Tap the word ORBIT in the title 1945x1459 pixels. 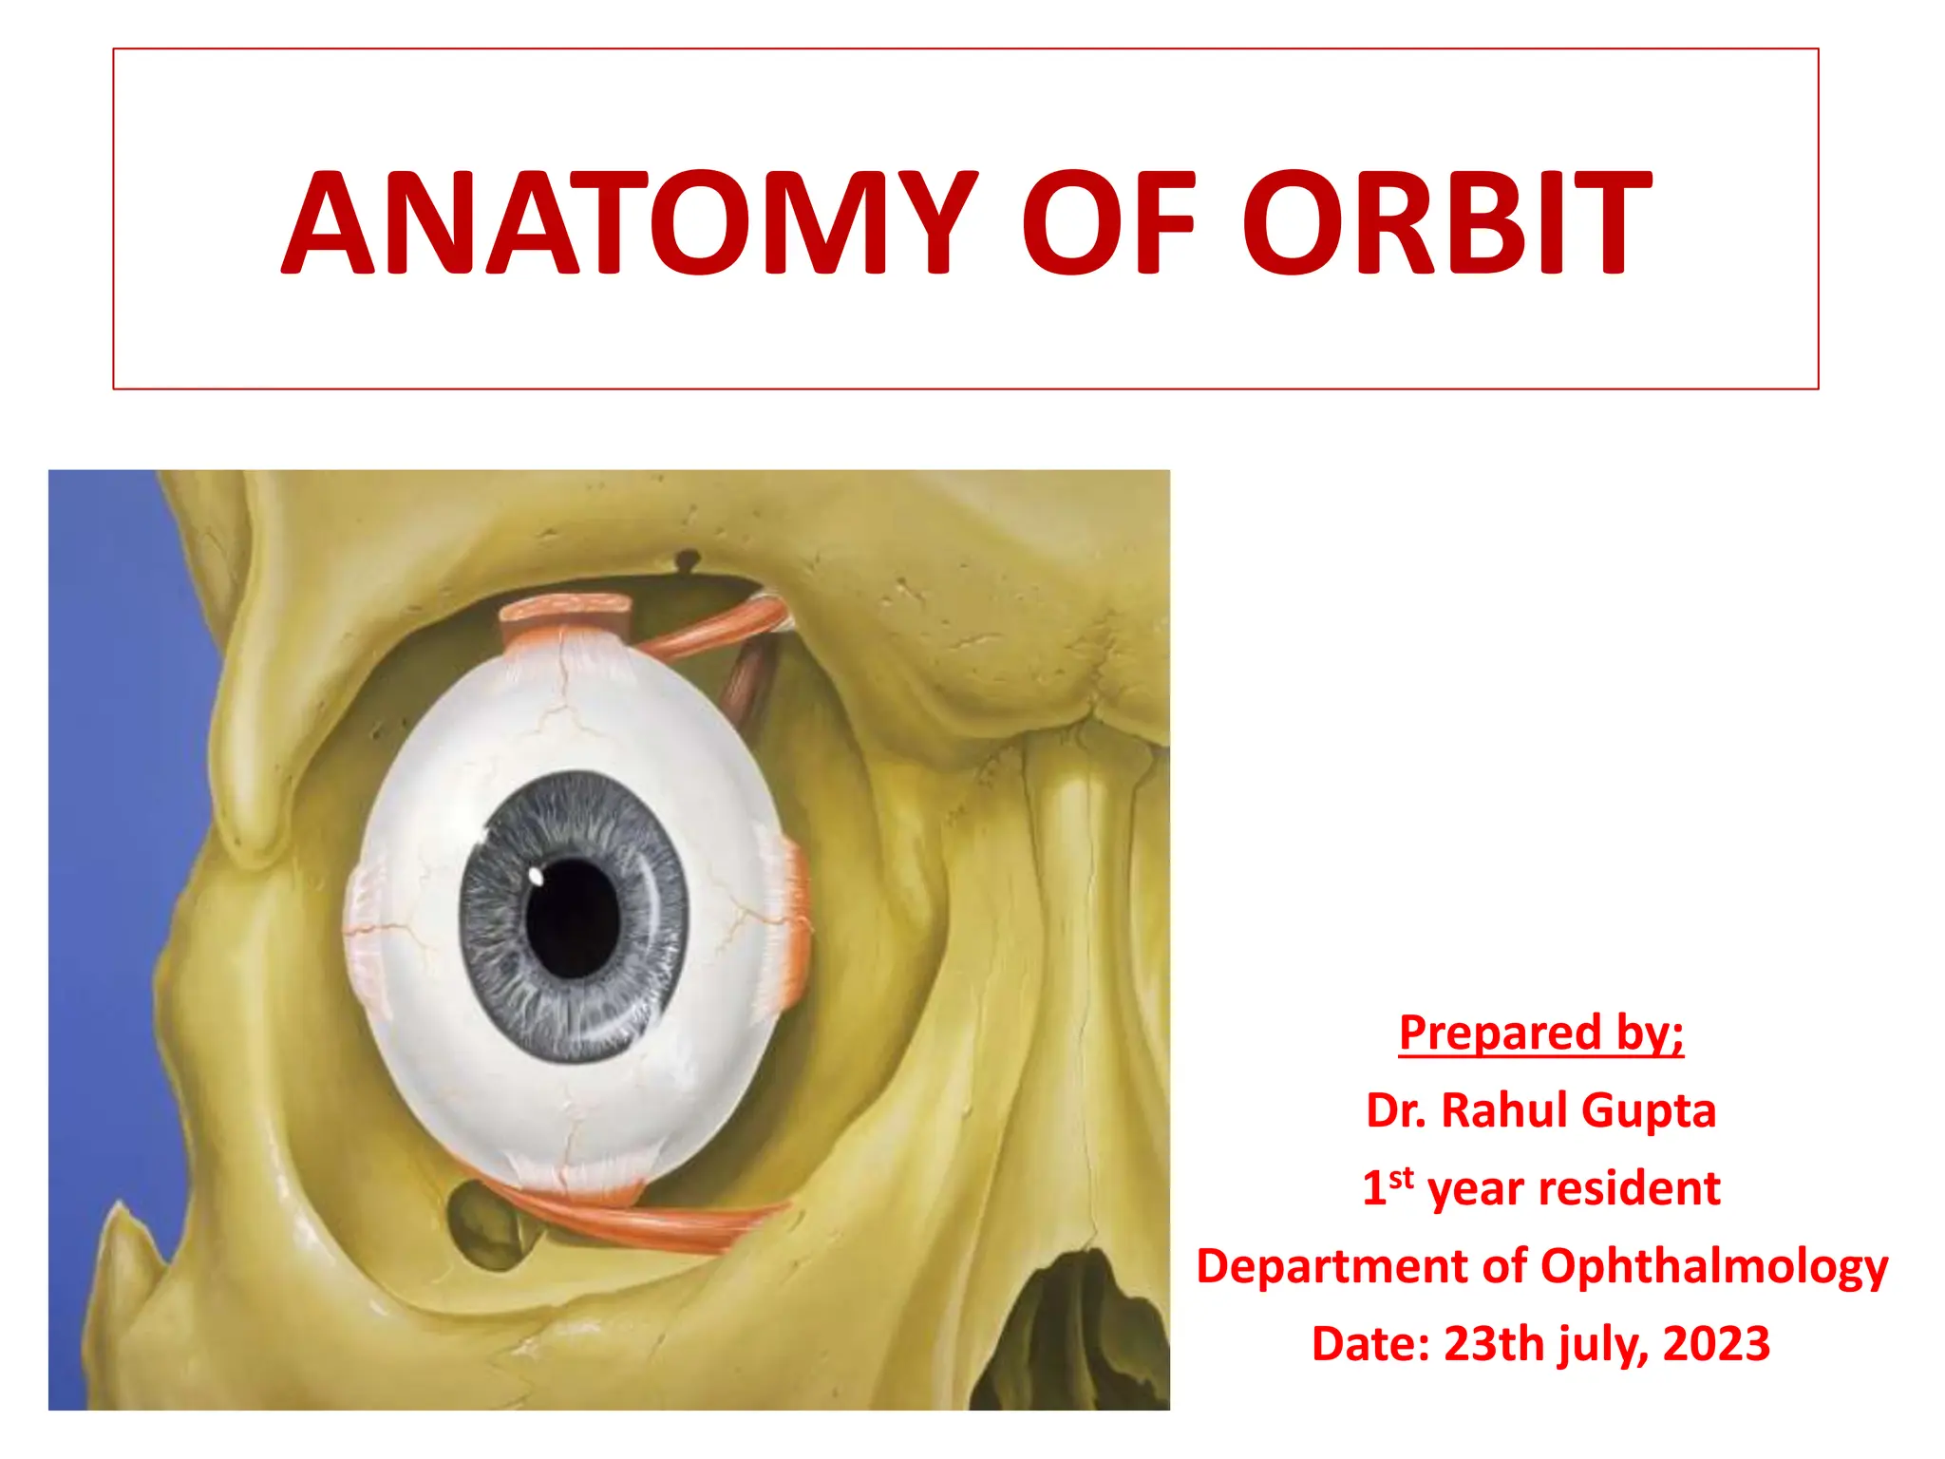[x=1447, y=224]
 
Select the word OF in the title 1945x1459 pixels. [x=1107, y=224]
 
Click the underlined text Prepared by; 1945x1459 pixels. [x=1540, y=1033]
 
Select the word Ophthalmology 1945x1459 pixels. [x=1713, y=1268]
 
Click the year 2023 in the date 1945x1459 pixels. [x=1716, y=1344]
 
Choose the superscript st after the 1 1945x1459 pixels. [x=1401, y=1179]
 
